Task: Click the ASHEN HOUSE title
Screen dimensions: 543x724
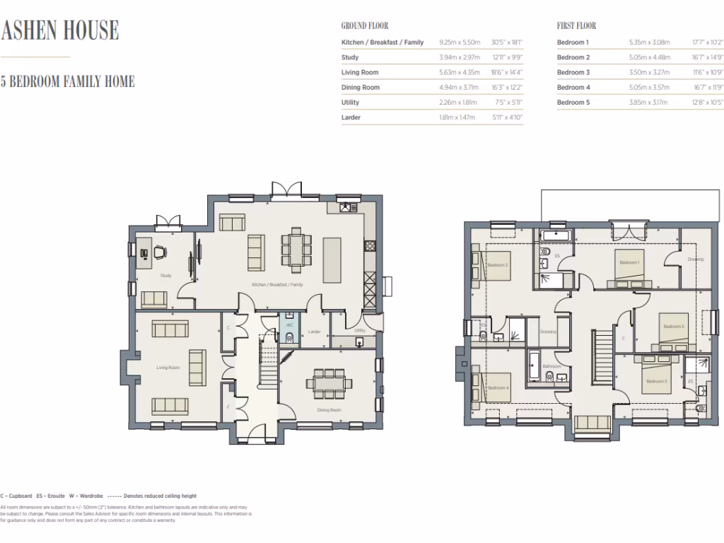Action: tap(59, 30)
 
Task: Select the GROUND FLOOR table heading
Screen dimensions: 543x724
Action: tap(364, 26)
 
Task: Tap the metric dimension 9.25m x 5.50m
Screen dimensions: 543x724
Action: tap(460, 42)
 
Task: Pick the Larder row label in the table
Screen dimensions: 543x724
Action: tap(351, 117)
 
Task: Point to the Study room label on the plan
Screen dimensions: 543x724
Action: tap(165, 276)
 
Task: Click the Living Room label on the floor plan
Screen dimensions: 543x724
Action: tap(168, 368)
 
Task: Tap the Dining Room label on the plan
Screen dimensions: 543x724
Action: tap(329, 410)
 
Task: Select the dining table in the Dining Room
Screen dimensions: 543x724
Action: tap(328, 383)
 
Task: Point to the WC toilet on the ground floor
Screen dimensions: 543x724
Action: tap(289, 337)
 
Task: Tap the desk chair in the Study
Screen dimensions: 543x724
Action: tap(160, 251)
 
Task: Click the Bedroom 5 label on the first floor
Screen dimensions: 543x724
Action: tap(672, 326)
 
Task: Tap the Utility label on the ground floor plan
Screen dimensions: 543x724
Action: tap(360, 330)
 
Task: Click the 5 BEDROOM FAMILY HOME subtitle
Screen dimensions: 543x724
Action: tap(67, 82)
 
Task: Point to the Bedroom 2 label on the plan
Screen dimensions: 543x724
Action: tap(498, 265)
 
